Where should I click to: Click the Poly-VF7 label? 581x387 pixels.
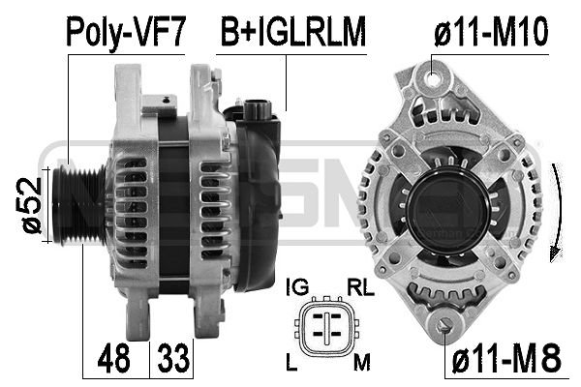[126, 32]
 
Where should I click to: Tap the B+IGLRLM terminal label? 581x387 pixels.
[292, 32]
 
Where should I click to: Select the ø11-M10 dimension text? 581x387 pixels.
[491, 32]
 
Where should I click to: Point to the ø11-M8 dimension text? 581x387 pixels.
[506, 358]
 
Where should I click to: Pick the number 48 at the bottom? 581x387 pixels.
[113, 358]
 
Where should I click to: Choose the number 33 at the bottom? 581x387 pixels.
[173, 358]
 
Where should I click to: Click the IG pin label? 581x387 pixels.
[297, 287]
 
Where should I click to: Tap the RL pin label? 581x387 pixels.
[360, 287]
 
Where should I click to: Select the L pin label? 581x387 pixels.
[291, 362]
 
